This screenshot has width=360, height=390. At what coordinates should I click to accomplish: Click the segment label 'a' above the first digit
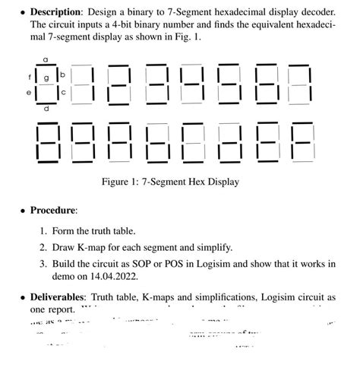(x=46, y=59)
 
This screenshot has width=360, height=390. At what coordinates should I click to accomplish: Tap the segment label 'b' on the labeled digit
(x=63, y=75)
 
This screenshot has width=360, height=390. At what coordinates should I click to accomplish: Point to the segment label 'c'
(x=63, y=92)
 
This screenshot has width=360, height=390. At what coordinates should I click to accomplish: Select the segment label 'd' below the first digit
(x=46, y=109)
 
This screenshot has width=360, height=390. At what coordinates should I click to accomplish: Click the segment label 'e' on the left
(x=29, y=92)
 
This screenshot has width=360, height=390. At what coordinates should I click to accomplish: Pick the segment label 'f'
(x=30, y=76)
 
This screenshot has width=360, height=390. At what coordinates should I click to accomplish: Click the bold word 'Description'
(x=58, y=12)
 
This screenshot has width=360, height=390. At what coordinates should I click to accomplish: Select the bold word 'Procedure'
(x=53, y=210)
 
